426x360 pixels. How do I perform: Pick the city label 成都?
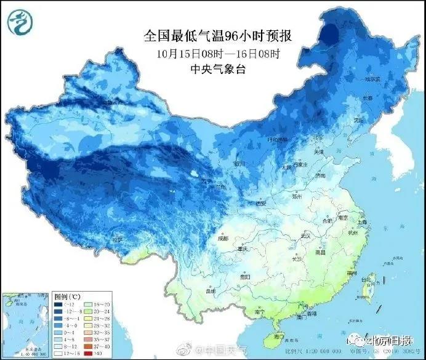point(222,238)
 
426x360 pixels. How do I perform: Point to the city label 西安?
point(261,204)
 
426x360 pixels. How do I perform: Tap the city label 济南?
point(318,175)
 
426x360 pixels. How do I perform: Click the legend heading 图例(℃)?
point(64,297)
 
